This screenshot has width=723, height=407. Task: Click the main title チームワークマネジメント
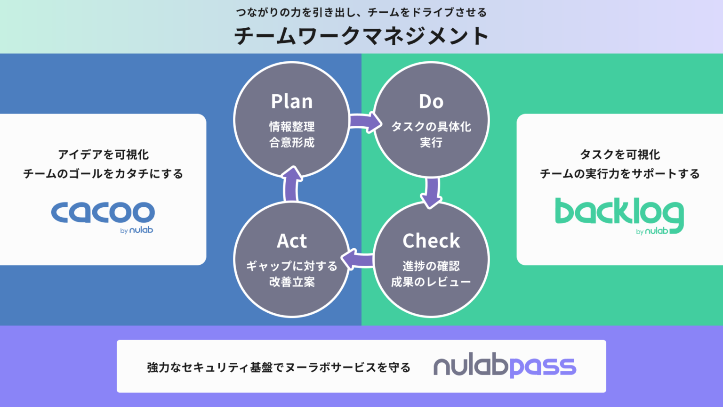361,36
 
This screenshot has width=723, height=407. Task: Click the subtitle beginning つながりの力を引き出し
361,13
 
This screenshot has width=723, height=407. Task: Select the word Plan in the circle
292,102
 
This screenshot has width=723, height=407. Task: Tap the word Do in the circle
431,102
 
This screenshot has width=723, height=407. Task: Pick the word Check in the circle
431,241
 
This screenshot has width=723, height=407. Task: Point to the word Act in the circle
292,241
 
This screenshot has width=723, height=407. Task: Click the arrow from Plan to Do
365,122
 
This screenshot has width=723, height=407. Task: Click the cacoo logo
103,214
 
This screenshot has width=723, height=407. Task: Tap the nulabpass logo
505,366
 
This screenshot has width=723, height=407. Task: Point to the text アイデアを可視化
103,155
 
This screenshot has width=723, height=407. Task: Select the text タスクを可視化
619,155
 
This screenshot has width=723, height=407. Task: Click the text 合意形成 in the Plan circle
292,142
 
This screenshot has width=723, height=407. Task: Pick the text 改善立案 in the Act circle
292,282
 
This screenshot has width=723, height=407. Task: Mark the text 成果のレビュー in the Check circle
431,282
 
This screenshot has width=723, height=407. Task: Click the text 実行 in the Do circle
431,142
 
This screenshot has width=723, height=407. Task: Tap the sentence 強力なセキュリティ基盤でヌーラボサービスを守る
279,367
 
